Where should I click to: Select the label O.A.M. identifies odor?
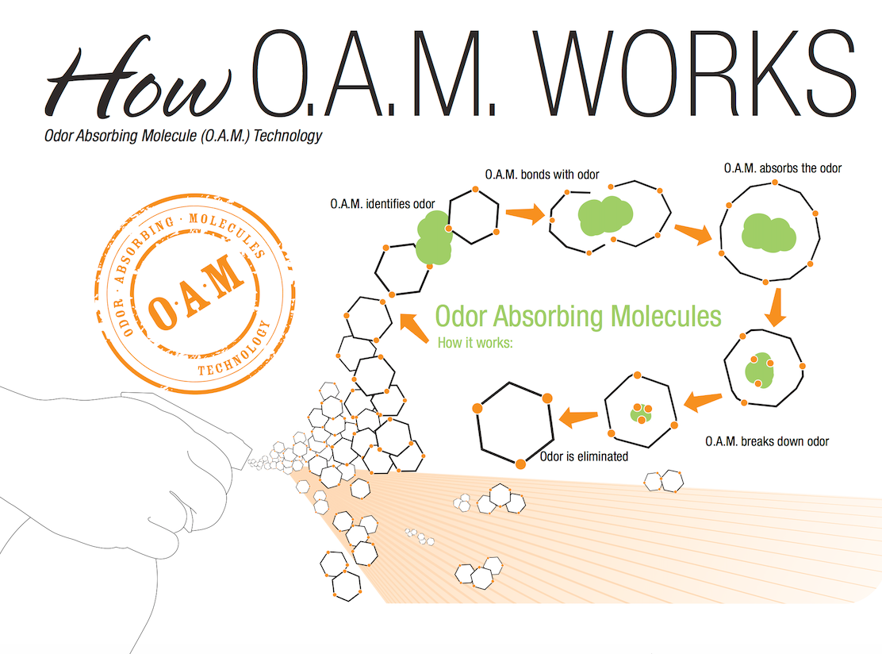pos(382,204)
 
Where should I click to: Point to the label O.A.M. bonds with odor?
pos(543,174)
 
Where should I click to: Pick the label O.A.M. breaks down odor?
pos(767,441)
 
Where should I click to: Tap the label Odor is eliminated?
pos(584,456)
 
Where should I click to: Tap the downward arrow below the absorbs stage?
pos(777,307)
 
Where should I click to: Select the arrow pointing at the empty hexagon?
pos(579,415)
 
